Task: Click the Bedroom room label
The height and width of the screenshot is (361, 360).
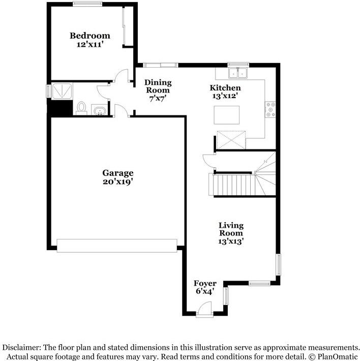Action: pyautogui.click(x=90, y=36)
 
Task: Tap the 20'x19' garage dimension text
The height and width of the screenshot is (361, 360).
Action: pyautogui.click(x=118, y=182)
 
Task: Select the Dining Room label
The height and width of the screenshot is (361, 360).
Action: pyautogui.click(x=158, y=86)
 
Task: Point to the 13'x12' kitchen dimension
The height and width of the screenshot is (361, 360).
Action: pyautogui.click(x=225, y=96)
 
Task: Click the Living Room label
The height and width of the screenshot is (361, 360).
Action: pyautogui.click(x=231, y=229)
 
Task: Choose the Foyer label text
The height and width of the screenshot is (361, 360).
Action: pyautogui.click(x=205, y=283)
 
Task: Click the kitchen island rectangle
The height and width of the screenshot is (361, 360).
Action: pyautogui.click(x=226, y=115)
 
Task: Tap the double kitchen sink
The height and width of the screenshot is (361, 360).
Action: pyautogui.click(x=238, y=73)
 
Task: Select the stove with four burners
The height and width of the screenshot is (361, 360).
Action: pyautogui.click(x=270, y=110)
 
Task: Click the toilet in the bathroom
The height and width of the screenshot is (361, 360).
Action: pyautogui.click(x=81, y=108)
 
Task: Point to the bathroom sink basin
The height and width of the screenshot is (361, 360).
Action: pyautogui.click(x=100, y=110)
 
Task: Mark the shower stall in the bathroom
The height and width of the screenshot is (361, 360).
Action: pyautogui.click(x=62, y=92)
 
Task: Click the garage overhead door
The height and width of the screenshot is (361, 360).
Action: pyautogui.click(x=117, y=246)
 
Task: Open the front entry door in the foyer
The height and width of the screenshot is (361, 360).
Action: pyautogui.click(x=204, y=309)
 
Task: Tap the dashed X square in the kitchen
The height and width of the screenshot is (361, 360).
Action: pyautogui.click(x=231, y=140)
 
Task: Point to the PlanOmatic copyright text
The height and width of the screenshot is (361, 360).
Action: pyautogui.click(x=333, y=356)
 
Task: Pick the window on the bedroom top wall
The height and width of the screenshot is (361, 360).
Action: pyautogui.click(x=87, y=4)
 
